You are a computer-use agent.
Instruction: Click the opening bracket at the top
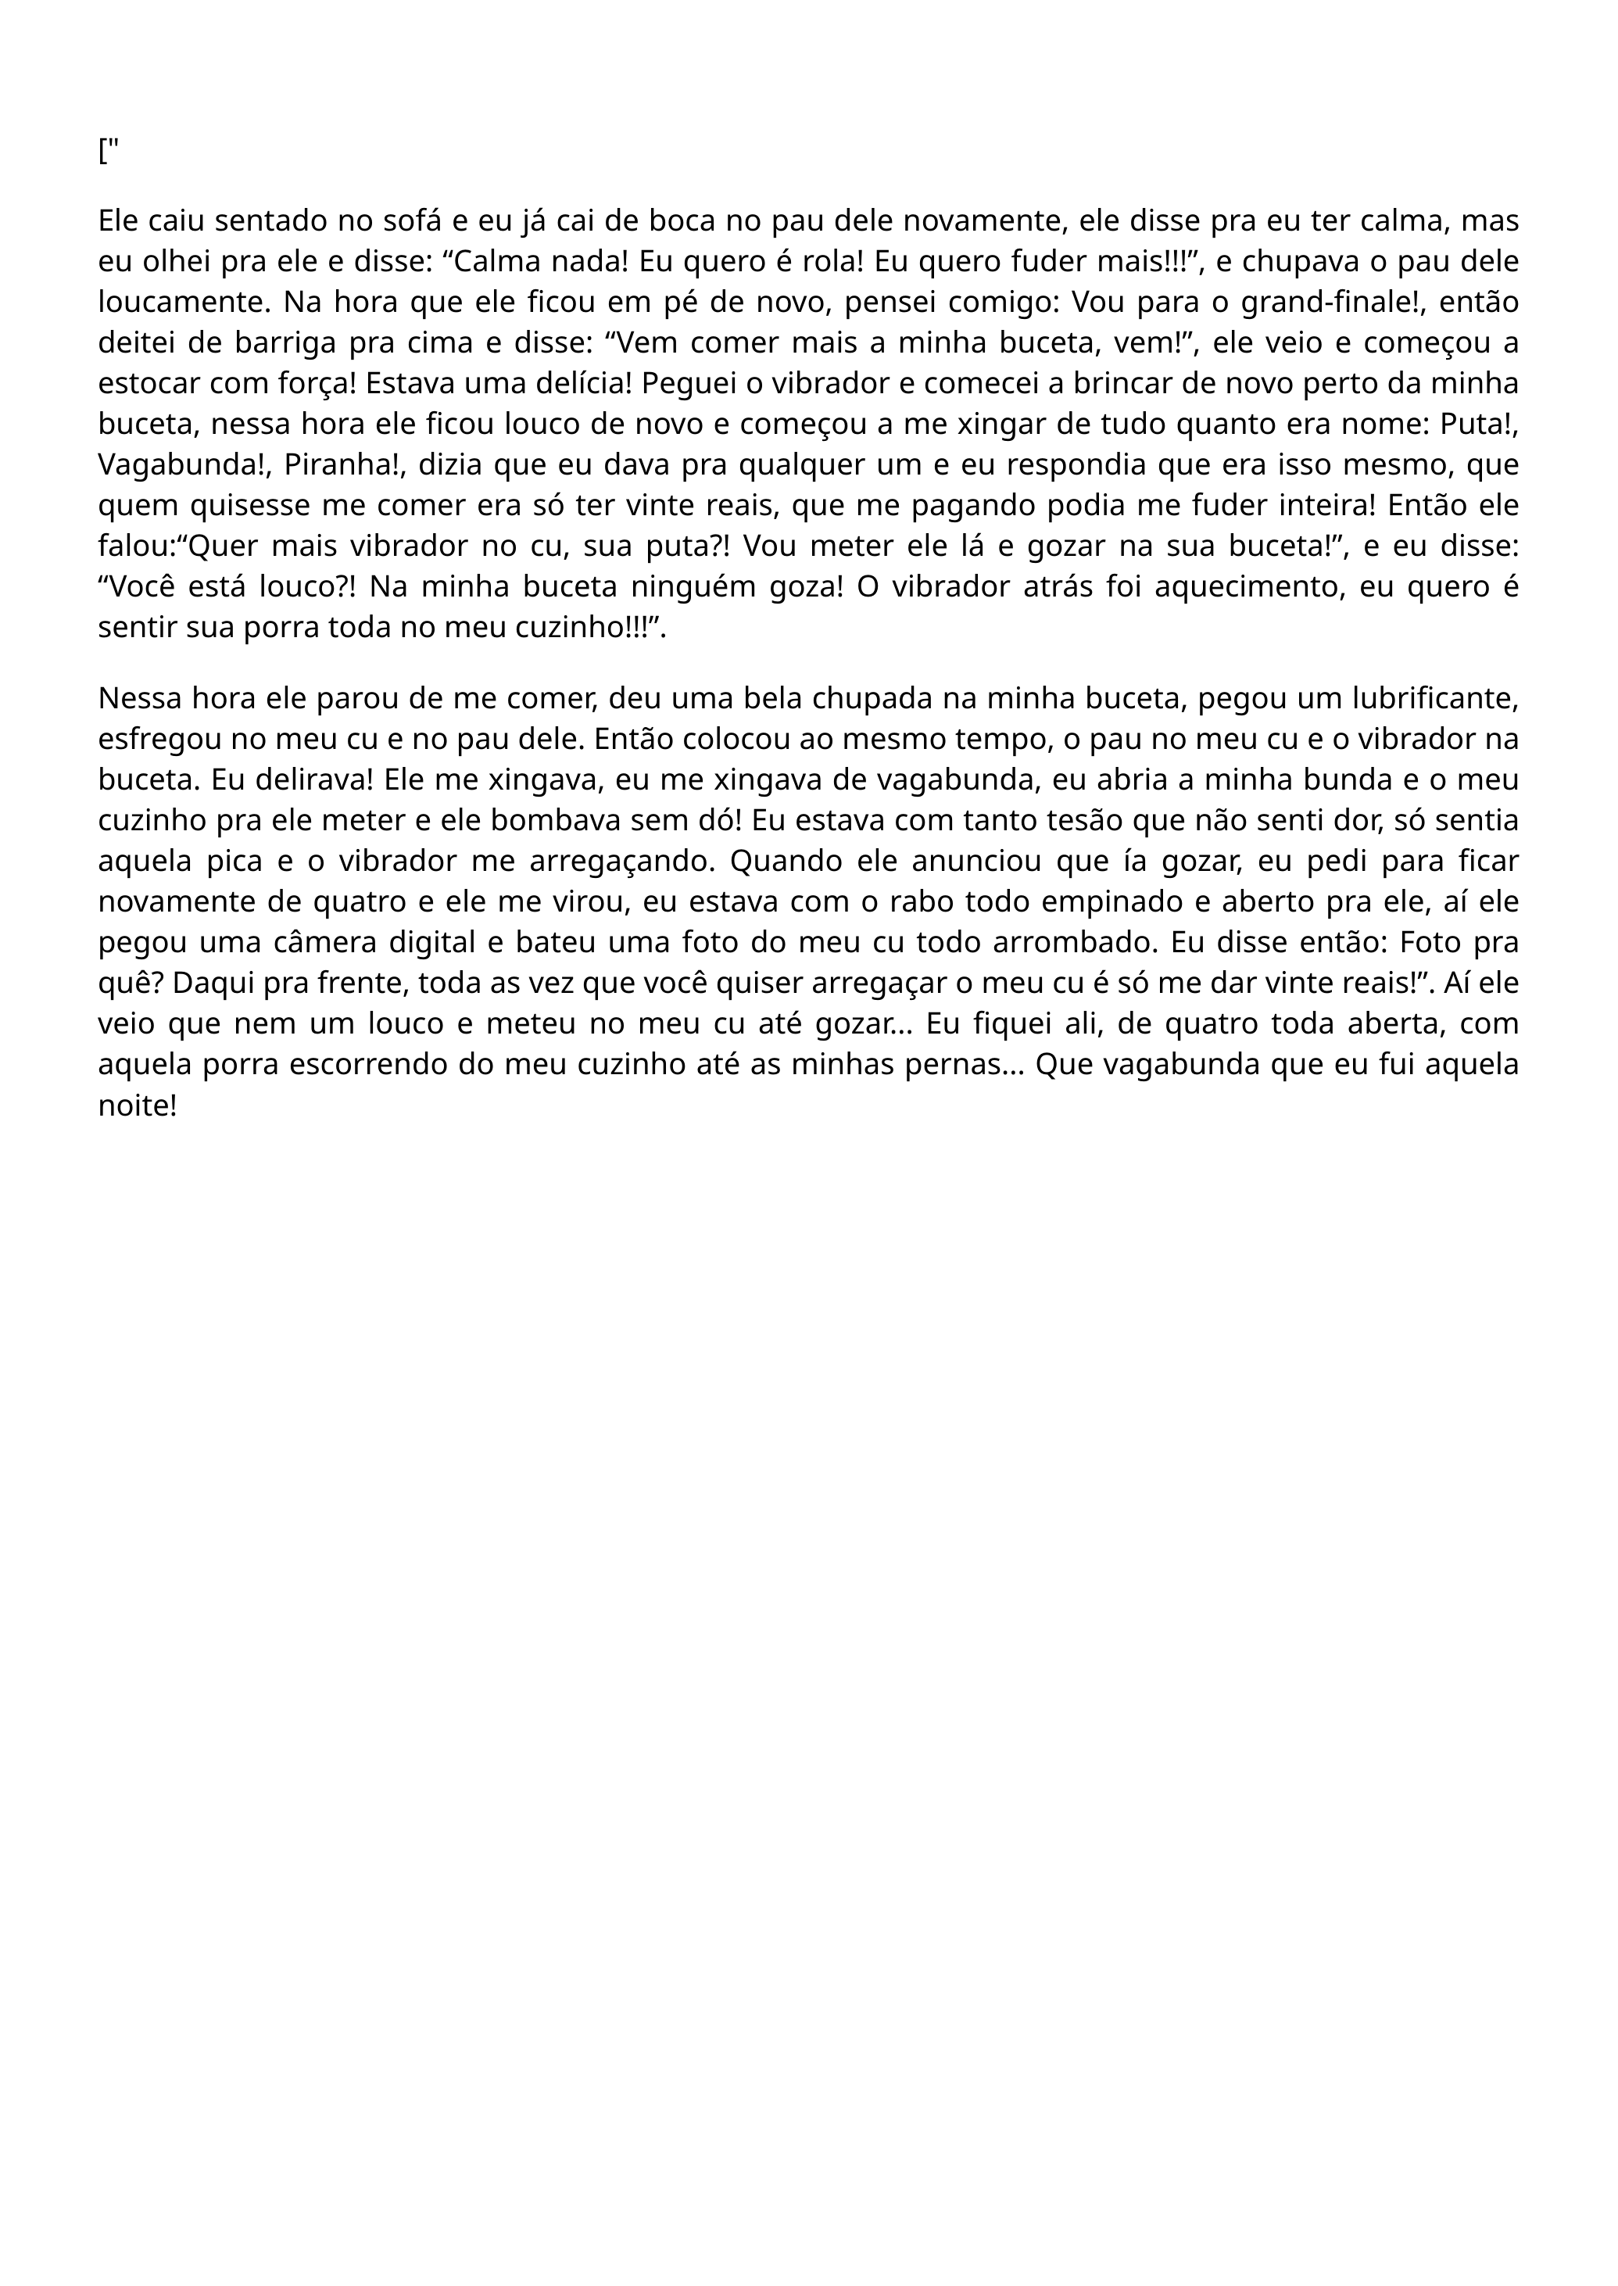(x=102, y=152)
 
